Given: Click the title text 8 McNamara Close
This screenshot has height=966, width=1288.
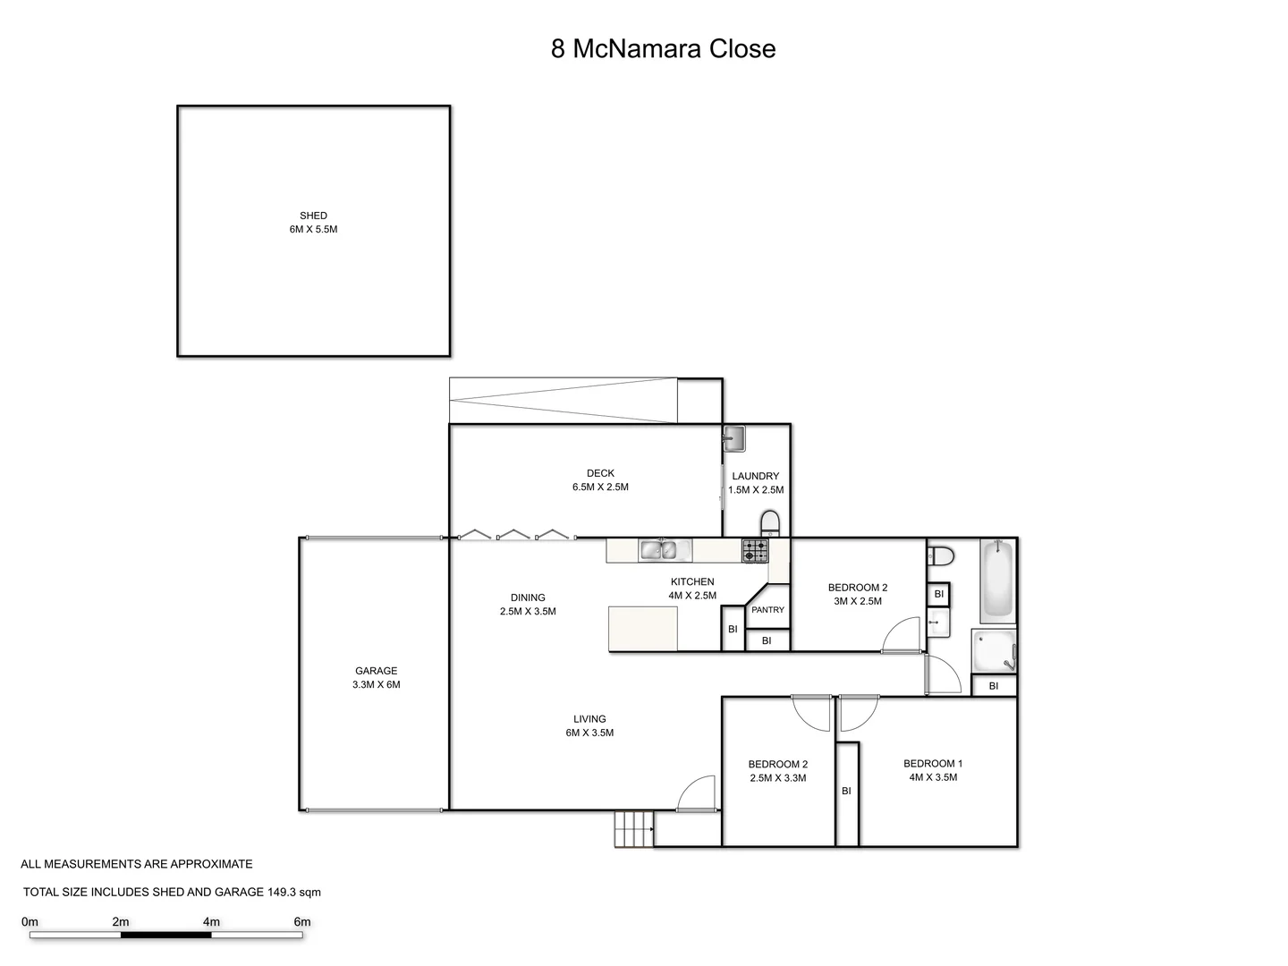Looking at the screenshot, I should (663, 48).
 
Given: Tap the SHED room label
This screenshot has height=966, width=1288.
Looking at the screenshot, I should (313, 216).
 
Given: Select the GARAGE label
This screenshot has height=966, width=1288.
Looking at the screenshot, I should (376, 671).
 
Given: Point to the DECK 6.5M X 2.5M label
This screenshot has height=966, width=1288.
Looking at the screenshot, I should (600, 480).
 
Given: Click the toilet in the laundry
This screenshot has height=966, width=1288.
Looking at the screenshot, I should (769, 522).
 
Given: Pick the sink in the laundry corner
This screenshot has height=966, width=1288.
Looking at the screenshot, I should (734, 438).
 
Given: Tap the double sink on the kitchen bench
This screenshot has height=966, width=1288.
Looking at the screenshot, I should (664, 550).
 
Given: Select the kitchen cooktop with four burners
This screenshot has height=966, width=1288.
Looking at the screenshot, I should (754, 550).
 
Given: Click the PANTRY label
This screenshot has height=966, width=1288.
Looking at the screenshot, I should (767, 610).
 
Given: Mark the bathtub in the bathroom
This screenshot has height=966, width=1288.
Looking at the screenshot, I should (997, 580).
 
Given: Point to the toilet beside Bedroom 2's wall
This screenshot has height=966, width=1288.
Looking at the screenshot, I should (940, 555).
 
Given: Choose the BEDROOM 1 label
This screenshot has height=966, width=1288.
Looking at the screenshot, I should (933, 764).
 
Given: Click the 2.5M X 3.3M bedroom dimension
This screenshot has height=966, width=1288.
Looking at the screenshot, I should (777, 778).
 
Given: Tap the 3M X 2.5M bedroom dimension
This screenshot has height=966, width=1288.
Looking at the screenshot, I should (858, 601).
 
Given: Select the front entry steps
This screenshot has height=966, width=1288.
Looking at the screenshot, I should (634, 828).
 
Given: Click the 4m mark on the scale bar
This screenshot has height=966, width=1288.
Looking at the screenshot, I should (212, 922).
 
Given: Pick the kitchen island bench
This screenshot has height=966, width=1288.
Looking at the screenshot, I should (642, 629).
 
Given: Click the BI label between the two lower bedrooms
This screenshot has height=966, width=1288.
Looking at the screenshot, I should (846, 791).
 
